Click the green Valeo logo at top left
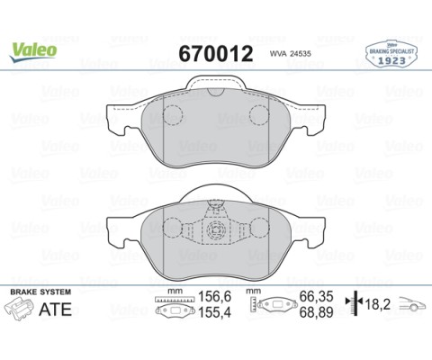[34, 50]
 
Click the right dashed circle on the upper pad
[260, 115]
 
